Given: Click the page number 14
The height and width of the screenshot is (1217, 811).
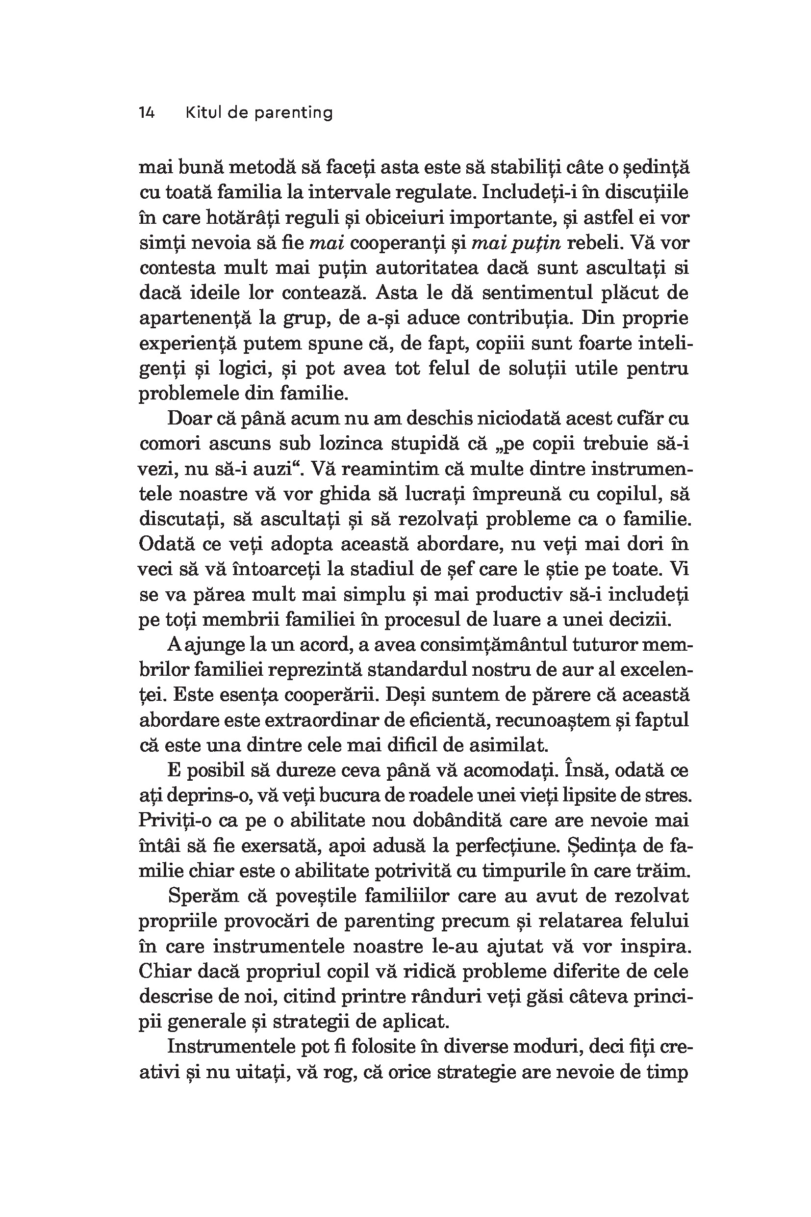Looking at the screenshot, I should click(147, 113).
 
